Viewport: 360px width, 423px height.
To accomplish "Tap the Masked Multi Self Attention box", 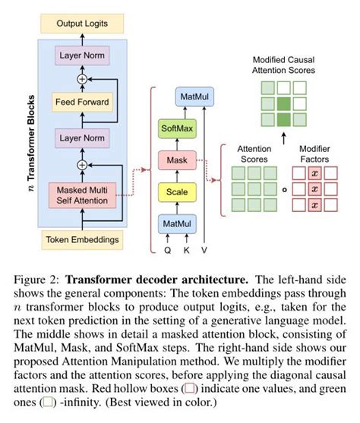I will pyautogui.click(x=79, y=195).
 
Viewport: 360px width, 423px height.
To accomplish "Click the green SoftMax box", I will pyautogui.click(x=176, y=129).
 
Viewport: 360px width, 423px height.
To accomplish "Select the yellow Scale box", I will pyautogui.click(x=176, y=191).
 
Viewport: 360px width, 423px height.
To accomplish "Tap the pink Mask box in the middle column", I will pyautogui.click(x=176, y=160).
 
